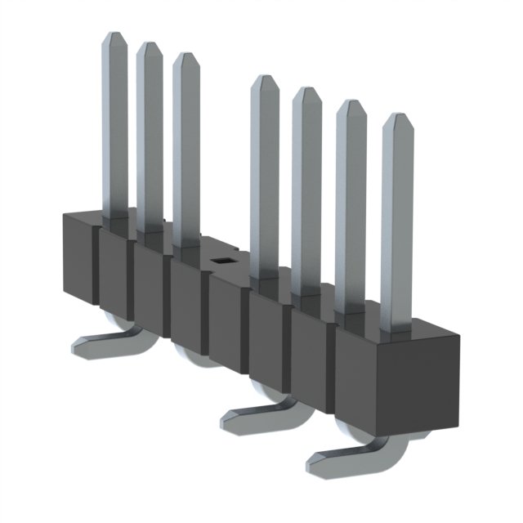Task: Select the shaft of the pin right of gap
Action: [264, 180]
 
